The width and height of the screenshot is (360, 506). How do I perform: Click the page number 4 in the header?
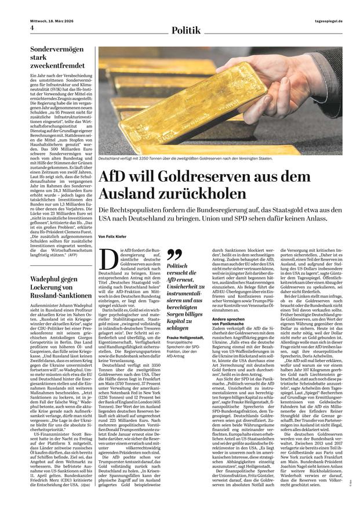[x=32, y=28]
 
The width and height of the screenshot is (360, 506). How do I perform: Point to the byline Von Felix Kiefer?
[x=114, y=237]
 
